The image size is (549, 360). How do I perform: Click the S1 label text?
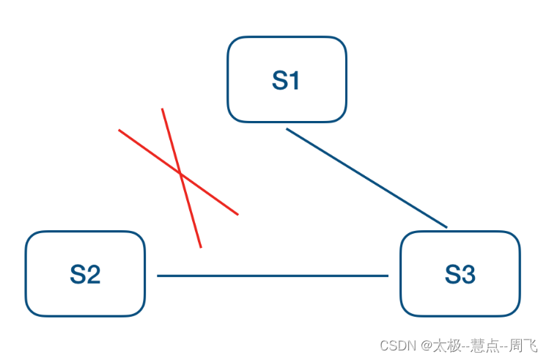pos(286,80)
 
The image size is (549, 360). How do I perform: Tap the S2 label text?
pos(85,274)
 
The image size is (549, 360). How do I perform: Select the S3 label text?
pos(460,274)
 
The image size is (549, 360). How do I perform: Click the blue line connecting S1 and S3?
pos(366,178)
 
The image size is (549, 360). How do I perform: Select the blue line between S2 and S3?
pos(273,276)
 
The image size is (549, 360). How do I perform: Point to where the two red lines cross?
pos(180,174)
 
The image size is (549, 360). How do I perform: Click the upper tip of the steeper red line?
pos(162,109)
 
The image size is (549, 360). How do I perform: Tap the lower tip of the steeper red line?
pos(200,247)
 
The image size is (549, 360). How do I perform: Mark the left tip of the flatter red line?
pos(119,131)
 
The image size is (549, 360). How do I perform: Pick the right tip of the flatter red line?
pos(238,215)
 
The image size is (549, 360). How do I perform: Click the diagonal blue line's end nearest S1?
pos(287,129)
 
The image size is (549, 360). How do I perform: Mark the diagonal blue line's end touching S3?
pos(446,227)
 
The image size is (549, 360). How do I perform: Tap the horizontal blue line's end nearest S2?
pos(158,276)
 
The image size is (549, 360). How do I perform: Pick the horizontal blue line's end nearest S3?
pos(388,276)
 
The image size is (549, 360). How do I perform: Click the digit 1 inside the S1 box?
pos(295,80)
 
